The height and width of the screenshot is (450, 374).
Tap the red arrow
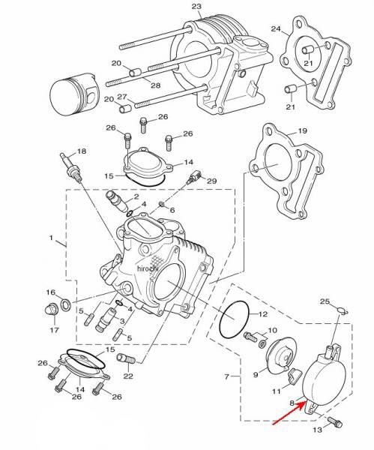(289, 414)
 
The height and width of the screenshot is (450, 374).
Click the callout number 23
(196, 7)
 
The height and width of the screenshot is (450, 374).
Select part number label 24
(276, 29)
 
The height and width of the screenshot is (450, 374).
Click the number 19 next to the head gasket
(302, 131)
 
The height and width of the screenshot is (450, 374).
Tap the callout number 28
(155, 85)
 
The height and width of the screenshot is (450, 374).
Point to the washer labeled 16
(66, 303)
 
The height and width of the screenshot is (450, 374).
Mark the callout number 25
(325, 301)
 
